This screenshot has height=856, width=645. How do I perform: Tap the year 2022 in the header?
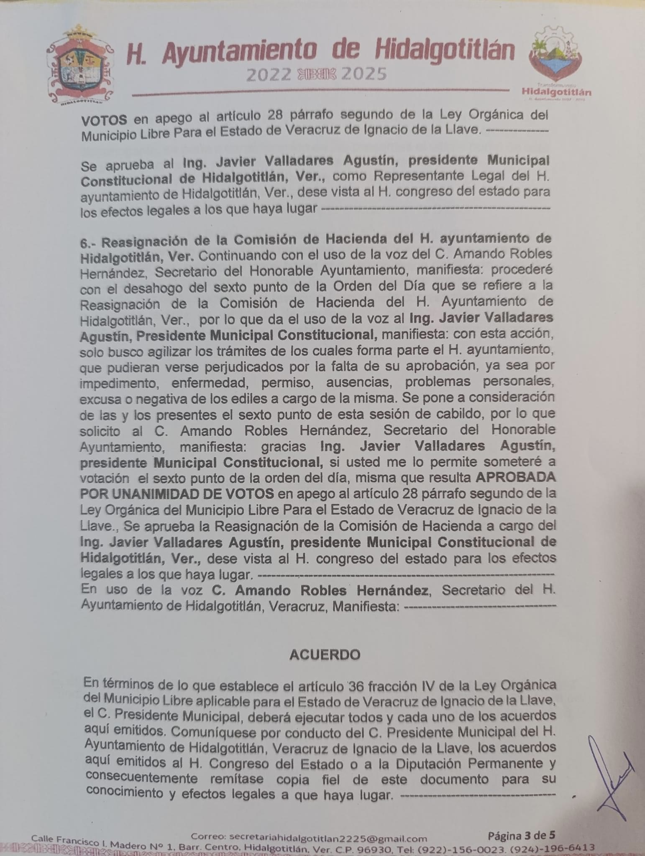(268, 75)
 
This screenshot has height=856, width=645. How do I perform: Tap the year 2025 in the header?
(364, 74)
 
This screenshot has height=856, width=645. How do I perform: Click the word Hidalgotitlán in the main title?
(445, 52)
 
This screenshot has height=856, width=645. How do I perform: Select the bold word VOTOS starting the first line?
(104, 120)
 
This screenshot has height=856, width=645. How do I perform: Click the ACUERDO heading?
(325, 655)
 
